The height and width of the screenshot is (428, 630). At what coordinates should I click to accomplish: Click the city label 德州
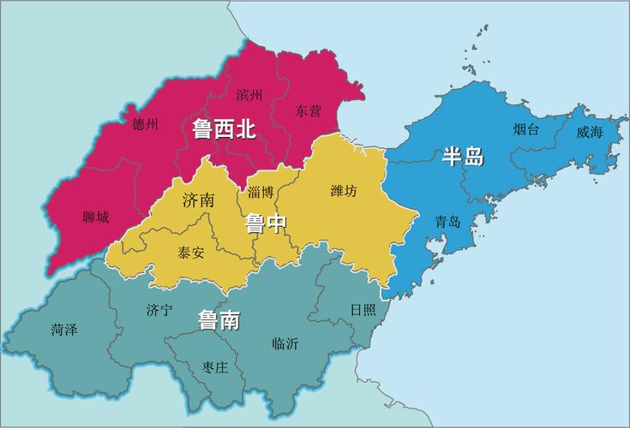146,124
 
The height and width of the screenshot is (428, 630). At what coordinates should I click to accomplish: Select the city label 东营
309,110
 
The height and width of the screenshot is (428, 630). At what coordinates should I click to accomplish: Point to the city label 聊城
96,217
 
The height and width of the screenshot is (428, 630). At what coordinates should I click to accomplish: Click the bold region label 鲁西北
224,129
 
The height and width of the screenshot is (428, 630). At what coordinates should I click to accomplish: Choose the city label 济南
199,201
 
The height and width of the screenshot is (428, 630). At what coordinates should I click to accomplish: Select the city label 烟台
526,130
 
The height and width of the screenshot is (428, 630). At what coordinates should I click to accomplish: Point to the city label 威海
590,132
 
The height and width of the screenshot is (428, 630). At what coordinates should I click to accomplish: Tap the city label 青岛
447,222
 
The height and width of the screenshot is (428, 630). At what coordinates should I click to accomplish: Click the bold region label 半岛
463,157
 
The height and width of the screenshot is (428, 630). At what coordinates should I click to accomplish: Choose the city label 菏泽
64,329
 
